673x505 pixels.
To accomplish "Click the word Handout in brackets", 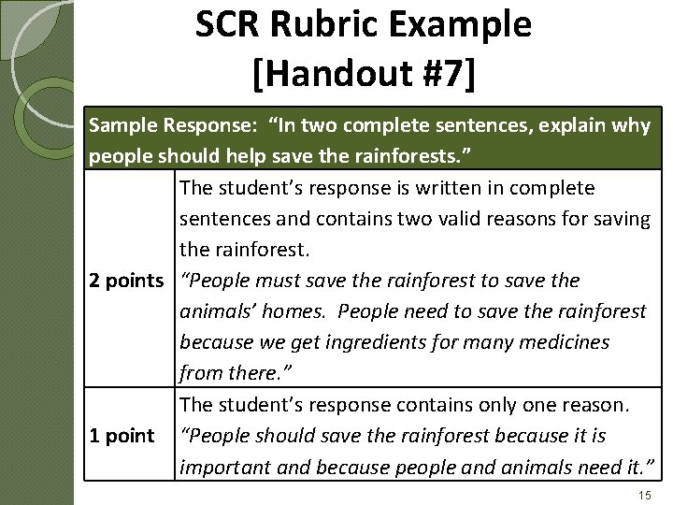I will pyautogui.click(x=332, y=77).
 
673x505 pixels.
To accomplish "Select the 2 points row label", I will pyautogui.click(x=126, y=281).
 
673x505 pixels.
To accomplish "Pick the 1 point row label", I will pyautogui.click(x=122, y=435).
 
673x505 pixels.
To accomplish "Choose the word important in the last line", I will pyautogui.click(x=222, y=466).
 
